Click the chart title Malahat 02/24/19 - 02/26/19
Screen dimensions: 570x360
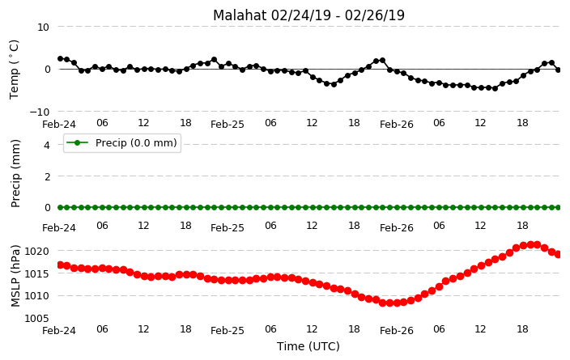308,15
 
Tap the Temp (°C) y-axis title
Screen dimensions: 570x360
15,70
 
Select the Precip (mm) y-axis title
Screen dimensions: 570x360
15,174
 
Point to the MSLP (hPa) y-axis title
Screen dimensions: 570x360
15,276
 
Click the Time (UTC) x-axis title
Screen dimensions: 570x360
308,346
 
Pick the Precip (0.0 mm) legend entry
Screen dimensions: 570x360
122,143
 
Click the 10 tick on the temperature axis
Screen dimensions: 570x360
43,28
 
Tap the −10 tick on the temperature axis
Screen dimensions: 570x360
39,112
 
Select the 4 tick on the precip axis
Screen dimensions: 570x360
46,146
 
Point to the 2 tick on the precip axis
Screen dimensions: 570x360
46,176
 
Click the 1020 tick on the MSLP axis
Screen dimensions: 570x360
36,251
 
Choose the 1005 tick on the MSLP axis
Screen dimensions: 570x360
36,319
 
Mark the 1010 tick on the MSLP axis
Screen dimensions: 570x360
36,296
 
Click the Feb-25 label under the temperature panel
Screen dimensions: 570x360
228,125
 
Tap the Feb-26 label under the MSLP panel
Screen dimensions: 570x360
397,331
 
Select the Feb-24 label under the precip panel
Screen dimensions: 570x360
59,228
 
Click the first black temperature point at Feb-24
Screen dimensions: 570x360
61,58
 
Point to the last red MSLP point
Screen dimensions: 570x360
559,254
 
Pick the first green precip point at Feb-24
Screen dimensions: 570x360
61,207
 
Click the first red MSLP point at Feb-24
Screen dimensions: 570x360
61,265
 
